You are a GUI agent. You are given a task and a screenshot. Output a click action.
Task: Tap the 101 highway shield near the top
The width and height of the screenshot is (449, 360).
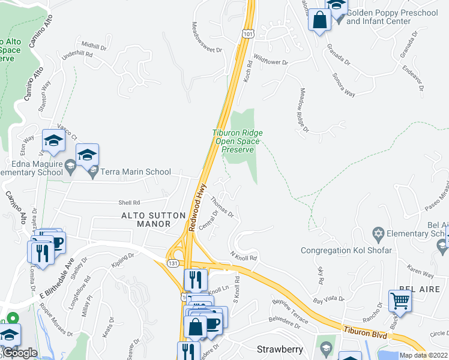click(247, 34)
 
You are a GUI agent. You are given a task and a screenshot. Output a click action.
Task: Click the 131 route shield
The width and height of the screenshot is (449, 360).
click(173, 262)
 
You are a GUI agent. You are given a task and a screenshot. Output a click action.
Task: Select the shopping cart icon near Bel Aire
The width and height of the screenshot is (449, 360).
click(400, 301)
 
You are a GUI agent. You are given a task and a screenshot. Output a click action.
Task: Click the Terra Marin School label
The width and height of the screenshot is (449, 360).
click(136, 172)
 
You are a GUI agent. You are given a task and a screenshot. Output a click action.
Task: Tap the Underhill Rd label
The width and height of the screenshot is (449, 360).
click(77, 55)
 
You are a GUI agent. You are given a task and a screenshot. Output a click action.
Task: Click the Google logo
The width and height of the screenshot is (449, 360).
click(20, 353)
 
